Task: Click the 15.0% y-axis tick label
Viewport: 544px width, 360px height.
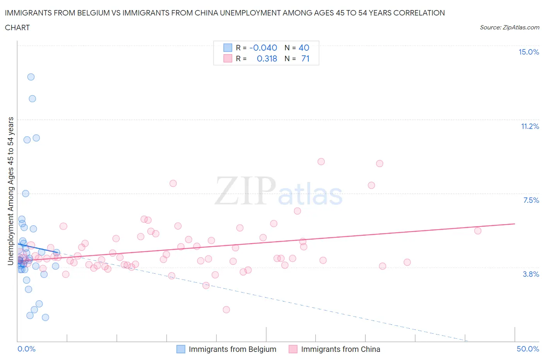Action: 529,52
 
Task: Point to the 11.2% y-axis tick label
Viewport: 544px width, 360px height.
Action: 530,127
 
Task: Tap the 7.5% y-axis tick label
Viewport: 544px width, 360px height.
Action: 531,200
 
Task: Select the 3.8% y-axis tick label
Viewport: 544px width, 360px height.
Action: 531,274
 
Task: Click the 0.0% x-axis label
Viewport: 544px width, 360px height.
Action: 26,349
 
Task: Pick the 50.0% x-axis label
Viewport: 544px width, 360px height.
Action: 528,349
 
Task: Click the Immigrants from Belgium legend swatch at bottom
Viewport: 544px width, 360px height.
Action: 181,349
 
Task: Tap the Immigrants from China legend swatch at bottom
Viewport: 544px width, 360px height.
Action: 293,349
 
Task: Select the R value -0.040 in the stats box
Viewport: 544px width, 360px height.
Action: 263,48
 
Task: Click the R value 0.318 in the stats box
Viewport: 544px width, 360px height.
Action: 267,58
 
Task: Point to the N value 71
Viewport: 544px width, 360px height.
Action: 305,58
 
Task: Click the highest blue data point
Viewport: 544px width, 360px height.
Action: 31,77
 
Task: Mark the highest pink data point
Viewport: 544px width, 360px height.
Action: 321,162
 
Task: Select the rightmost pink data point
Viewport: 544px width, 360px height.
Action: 478,231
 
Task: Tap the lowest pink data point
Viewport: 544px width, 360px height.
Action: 226,310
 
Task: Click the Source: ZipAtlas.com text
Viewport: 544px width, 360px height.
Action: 510,27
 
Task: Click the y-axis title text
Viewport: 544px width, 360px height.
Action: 11,191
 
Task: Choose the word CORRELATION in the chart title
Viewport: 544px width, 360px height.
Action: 419,13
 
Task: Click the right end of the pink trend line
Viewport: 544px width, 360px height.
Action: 515,224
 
